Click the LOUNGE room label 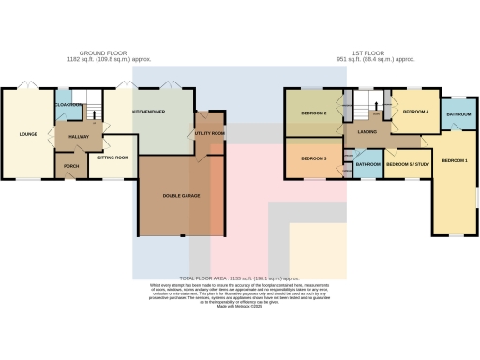(x=27, y=134)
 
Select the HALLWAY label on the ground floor (x=78, y=136)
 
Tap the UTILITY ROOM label (x=210, y=134)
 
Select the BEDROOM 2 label (x=313, y=112)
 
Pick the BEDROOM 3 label (x=313, y=159)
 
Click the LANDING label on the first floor (x=367, y=132)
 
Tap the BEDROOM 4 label (x=415, y=112)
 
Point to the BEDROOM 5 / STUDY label (x=406, y=165)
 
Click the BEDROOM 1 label (x=455, y=161)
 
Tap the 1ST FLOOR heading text (x=375, y=54)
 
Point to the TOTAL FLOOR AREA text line (x=239, y=278)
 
